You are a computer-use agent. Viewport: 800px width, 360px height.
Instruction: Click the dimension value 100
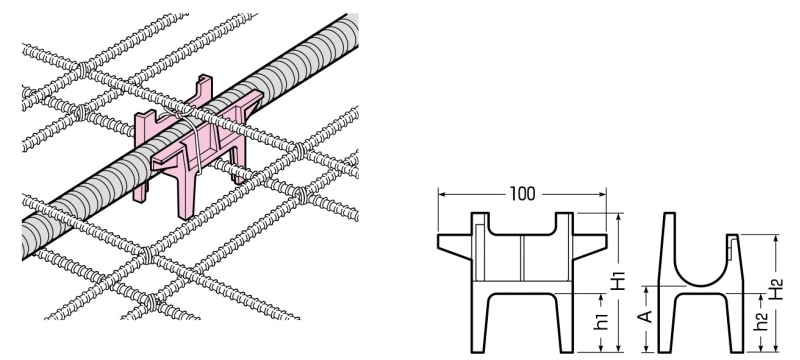[522, 194]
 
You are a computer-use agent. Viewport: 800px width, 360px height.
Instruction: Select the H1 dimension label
[618, 279]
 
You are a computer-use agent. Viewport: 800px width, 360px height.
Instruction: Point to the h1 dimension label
[603, 321]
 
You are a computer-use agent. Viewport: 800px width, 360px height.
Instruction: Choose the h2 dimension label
[761, 322]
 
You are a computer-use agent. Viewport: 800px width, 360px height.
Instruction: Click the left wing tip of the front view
[439, 241]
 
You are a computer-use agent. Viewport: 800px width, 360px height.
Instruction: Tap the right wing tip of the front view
[606, 241]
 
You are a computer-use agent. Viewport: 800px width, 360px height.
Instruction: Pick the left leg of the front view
[480, 323]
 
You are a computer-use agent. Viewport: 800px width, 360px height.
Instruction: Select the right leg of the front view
[564, 323]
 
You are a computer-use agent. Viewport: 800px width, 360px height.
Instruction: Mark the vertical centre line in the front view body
[522, 258]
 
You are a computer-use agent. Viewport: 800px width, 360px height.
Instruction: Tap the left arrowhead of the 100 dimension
[442, 194]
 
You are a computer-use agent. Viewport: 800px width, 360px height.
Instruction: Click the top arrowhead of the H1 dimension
[618, 217]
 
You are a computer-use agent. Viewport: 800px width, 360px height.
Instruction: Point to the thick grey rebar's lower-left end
[27, 248]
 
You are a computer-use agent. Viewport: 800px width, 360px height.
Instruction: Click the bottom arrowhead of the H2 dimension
[776, 348]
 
